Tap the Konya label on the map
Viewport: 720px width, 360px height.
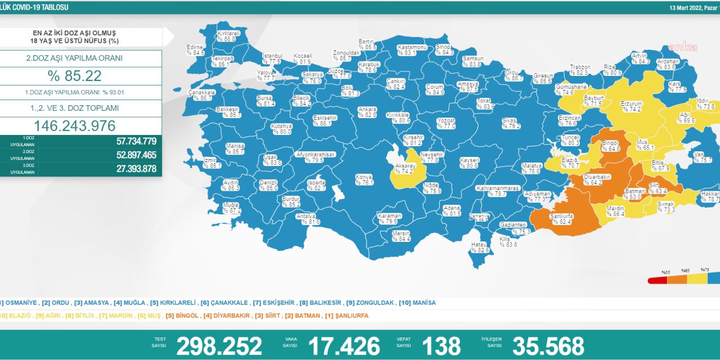coord(364,179)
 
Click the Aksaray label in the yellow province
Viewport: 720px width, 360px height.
coord(405,168)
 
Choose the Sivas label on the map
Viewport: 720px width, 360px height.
coord(511,123)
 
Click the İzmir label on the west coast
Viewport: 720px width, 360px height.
coord(211,163)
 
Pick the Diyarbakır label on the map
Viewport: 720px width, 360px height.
coord(597,179)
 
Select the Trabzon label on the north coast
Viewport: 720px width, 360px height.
coord(579,69)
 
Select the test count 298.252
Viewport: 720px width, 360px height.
coord(219,346)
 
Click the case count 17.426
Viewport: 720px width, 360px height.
coord(344,346)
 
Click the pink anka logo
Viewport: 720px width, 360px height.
coord(682,47)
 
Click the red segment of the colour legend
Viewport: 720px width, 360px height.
coord(658,280)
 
